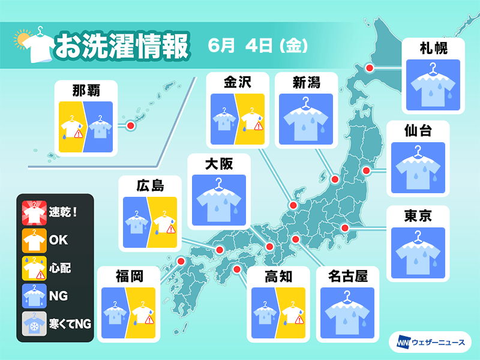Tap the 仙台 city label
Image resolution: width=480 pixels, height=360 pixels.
tap(418, 130)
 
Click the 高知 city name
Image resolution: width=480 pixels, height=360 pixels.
tap(278, 276)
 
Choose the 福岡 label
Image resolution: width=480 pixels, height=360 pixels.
tap(129, 276)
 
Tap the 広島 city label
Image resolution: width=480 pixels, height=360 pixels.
tap(150, 185)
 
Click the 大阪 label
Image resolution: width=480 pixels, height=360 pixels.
tap(218, 163)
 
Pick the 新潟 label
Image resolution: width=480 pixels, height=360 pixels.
tap(306, 82)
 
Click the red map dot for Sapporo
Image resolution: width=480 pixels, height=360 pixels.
tap(370, 68)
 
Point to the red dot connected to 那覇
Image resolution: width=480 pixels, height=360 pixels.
tap(129, 125)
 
